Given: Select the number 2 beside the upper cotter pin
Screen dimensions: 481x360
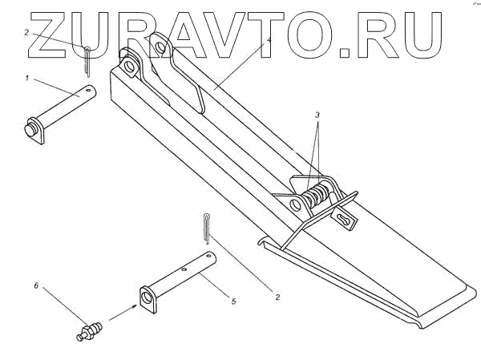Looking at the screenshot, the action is click(x=26, y=33).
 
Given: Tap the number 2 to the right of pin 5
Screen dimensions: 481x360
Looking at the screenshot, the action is click(x=277, y=297).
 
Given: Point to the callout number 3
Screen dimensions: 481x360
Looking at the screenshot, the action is click(x=318, y=115).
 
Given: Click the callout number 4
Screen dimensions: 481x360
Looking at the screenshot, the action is click(x=269, y=39).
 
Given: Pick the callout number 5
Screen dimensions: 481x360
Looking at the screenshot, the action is click(x=233, y=301).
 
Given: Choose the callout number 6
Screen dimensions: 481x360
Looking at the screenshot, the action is click(x=36, y=285).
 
